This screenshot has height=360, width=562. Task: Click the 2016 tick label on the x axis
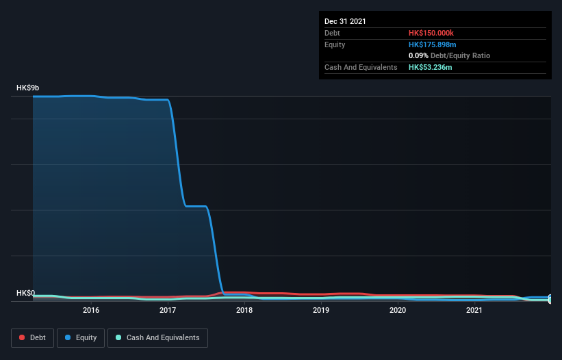click(91, 310)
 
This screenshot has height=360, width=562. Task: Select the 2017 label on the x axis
click(168, 310)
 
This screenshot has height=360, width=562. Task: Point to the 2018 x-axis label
click(244, 310)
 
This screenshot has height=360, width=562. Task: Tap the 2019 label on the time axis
click(321, 310)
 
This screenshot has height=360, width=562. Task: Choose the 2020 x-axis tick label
click(398, 310)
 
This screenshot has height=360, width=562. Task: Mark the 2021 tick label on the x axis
click(474, 310)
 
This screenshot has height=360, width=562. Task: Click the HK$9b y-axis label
click(28, 88)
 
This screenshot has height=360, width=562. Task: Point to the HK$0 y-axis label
click(26, 293)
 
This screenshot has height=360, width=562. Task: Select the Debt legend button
click(31, 337)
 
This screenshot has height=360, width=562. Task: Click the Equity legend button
click(81, 337)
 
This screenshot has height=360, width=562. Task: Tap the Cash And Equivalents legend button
click(157, 337)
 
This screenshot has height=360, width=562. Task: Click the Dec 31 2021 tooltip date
click(345, 21)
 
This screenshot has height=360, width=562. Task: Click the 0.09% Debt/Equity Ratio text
click(449, 55)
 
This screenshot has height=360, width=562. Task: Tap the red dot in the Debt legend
click(23, 337)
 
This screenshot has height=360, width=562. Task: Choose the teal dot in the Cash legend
click(118, 337)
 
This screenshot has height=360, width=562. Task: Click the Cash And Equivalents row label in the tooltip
click(361, 67)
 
